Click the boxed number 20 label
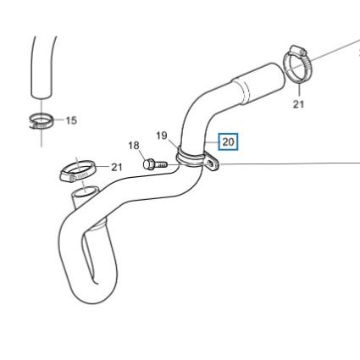point(228,141)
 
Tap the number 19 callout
point(162,136)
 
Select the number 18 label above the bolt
point(134,146)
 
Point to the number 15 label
point(71,120)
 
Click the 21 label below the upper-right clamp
point(298,104)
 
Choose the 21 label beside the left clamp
point(117,167)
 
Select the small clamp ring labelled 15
point(42,121)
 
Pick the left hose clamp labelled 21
point(77,171)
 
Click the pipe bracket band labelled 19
point(190,159)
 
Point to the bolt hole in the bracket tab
point(210,163)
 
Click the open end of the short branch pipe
point(85,192)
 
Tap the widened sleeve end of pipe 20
point(258,82)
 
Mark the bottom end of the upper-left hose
point(42,95)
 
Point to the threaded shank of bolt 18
point(162,164)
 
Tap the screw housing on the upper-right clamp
point(298,51)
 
